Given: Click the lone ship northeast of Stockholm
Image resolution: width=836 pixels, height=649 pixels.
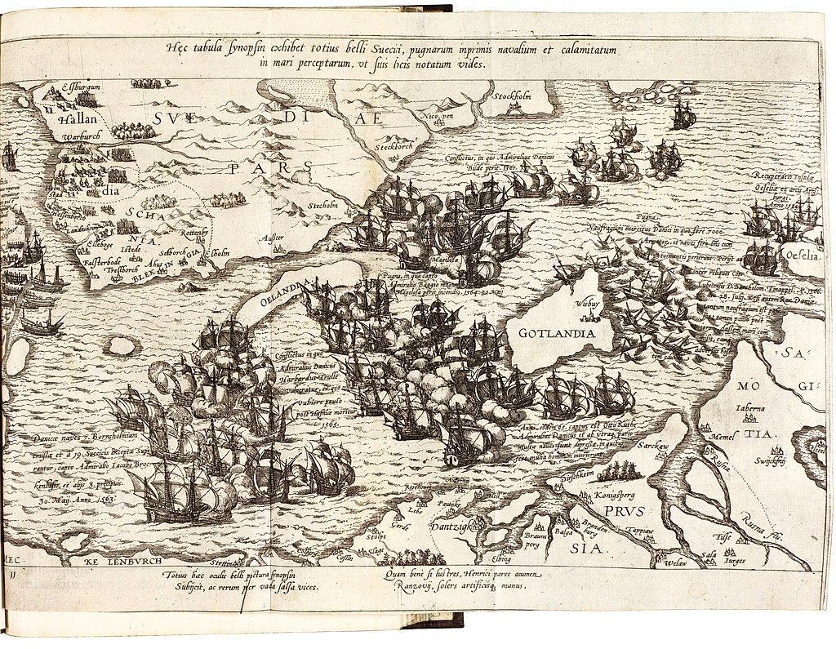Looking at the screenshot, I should [683, 117].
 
